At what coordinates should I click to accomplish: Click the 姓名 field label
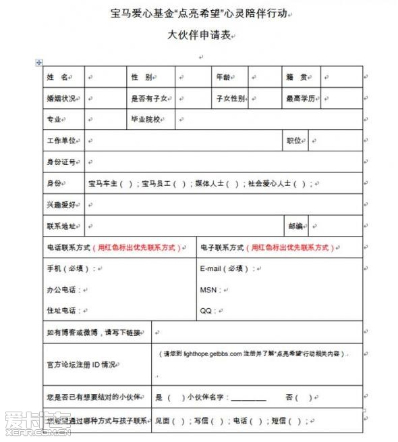coord(58,78)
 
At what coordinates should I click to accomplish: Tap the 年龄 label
coord(223,78)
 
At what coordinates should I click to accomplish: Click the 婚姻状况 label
coord(61,99)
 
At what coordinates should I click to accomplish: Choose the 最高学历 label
coord(300,99)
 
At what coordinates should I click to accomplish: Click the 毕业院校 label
coord(145,120)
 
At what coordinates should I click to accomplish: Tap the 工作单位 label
coord(61,141)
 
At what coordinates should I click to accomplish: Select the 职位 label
coord(293,141)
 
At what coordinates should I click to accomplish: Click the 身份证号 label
coord(61,162)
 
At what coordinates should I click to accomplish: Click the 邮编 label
coord(295,225)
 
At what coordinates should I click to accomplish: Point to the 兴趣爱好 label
coord(61,204)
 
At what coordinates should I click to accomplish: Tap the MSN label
coord(208,289)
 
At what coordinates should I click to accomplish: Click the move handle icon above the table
coord(38,62)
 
